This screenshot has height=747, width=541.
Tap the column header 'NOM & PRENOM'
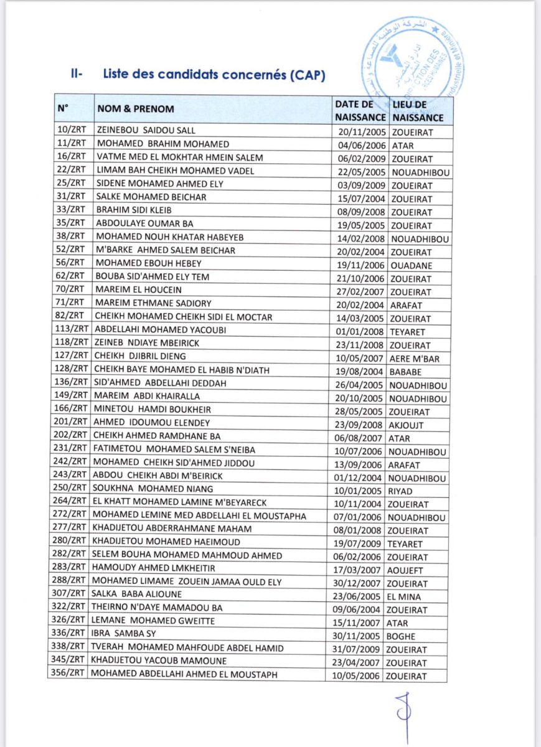[135, 110]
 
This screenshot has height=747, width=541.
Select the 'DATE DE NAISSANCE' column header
[360, 110]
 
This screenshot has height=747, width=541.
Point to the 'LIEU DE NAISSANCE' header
[417, 110]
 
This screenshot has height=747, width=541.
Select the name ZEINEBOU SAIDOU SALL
[146, 131]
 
